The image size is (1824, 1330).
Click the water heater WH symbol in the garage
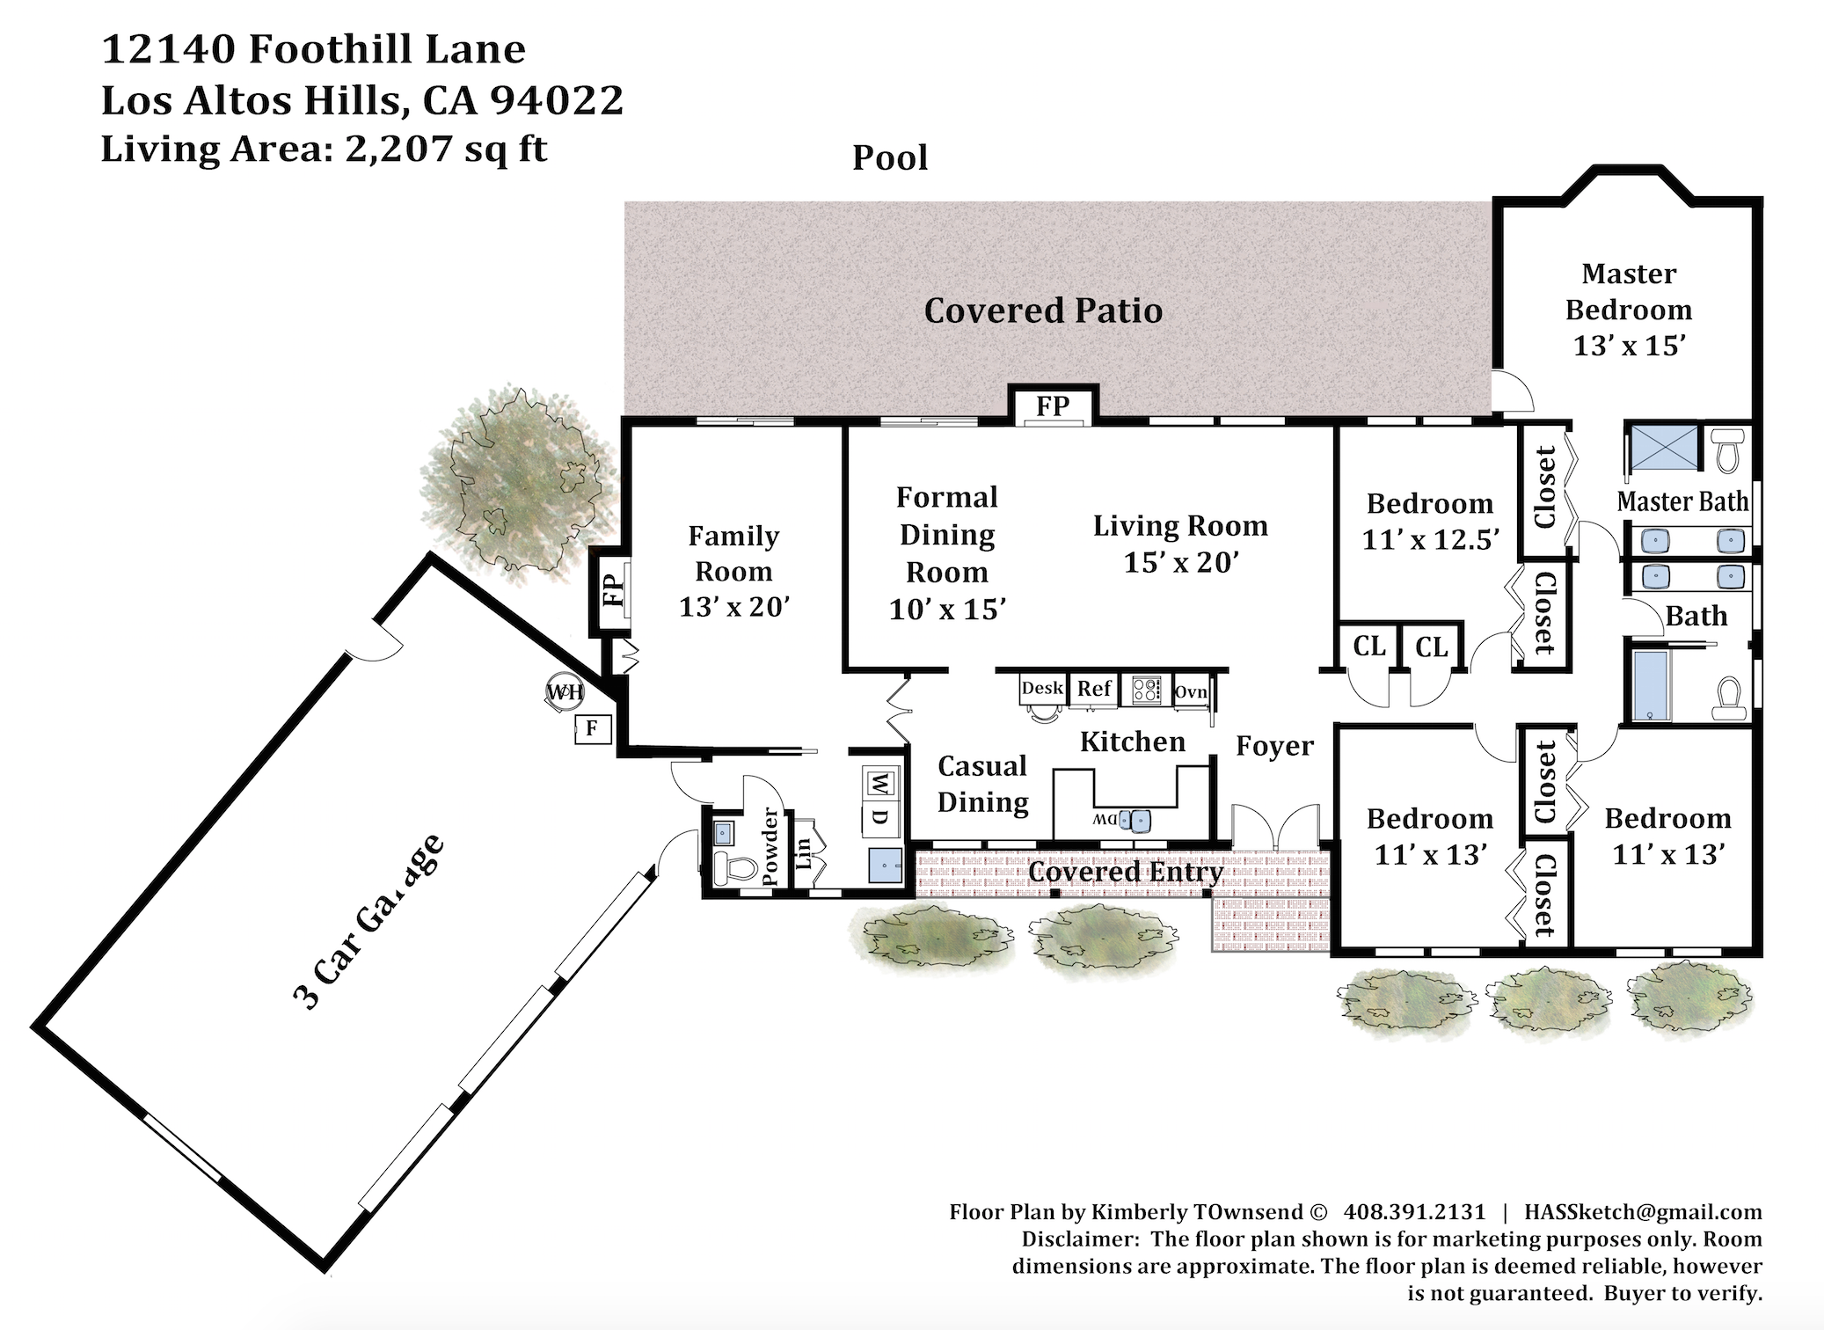565,692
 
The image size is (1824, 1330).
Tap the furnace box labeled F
592,727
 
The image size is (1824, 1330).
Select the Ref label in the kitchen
1094,689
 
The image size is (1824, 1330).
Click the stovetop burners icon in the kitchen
1147,689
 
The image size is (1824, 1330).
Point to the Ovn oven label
1191,692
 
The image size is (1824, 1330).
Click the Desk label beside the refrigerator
1043,688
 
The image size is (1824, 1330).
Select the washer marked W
879,780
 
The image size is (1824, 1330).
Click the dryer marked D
880,815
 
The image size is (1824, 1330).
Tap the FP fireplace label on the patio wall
1053,406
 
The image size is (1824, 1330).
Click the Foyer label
1274,746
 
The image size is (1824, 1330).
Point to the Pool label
890,157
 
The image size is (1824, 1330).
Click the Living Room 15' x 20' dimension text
1181,562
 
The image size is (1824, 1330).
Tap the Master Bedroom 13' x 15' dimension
1629,346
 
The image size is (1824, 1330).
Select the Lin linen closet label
803,853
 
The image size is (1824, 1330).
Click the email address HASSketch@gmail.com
1643,1212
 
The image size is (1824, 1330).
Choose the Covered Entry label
1126,872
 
